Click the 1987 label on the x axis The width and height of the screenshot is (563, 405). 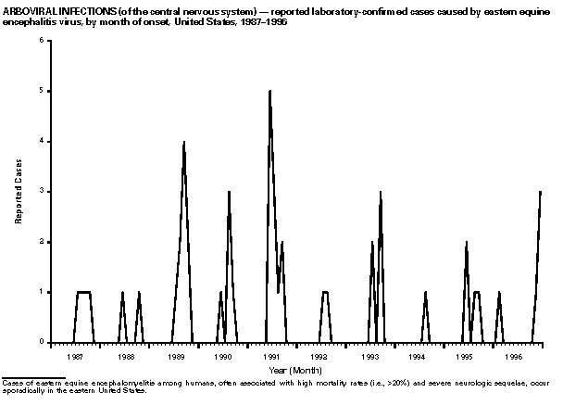pyautogui.click(x=77, y=355)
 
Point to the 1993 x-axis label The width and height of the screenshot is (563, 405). pyautogui.click(x=369, y=355)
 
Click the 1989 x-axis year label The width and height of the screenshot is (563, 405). pyautogui.click(x=174, y=355)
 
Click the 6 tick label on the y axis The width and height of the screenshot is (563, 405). pyautogui.click(x=39, y=41)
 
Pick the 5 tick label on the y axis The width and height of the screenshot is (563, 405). pyautogui.click(x=39, y=91)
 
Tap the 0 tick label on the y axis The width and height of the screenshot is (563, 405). pyautogui.click(x=39, y=342)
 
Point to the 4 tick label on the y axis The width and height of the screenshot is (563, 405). pyautogui.click(x=39, y=141)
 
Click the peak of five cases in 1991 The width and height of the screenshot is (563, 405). pyautogui.click(x=269, y=91)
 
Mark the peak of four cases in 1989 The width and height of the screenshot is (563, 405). pyautogui.click(x=184, y=142)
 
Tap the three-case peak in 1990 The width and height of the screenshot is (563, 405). pyautogui.click(x=229, y=192)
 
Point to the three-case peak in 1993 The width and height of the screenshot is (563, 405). pyautogui.click(x=381, y=192)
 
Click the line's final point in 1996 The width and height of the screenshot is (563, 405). pyautogui.click(x=541, y=192)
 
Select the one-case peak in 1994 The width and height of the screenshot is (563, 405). pyautogui.click(x=425, y=292)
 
